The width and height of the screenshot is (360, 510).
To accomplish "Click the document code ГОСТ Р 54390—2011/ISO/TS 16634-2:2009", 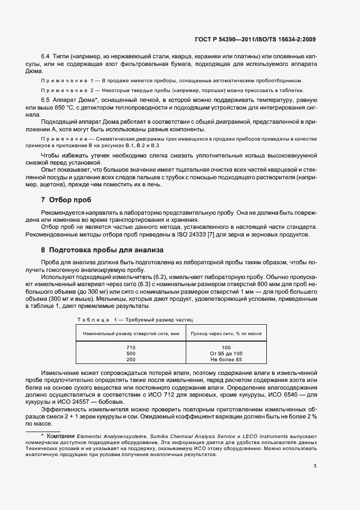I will (x=255, y=39).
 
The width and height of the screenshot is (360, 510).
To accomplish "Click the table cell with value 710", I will (x=130, y=347).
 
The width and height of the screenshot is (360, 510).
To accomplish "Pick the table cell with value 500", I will (x=130, y=354).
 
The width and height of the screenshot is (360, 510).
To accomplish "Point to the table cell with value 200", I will (x=130, y=360).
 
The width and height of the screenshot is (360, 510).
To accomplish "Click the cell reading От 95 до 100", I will (x=226, y=354).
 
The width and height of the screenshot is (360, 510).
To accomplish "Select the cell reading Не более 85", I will (x=226, y=360).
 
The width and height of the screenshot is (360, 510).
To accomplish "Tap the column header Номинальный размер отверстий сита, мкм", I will (x=131, y=333).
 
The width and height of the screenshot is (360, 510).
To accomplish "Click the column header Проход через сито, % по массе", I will (x=225, y=333).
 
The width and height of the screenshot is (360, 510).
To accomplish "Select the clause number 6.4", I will (x=46, y=57).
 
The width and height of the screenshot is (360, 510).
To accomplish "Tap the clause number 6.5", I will (x=46, y=101).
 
